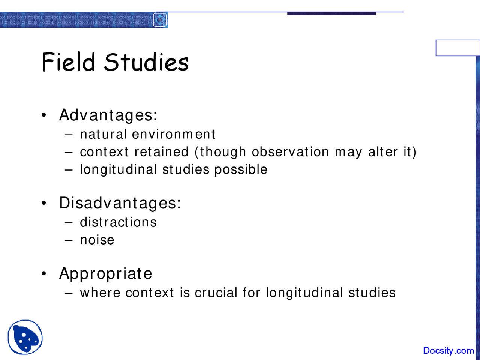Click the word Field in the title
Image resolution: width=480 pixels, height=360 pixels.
(x=68, y=62)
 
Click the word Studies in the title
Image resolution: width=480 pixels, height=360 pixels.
(x=146, y=62)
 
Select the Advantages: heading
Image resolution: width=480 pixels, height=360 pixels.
(x=108, y=115)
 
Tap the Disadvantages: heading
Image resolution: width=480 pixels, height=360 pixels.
(x=120, y=203)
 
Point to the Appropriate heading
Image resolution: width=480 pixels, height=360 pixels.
(x=106, y=274)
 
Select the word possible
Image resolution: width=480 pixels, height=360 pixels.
(x=241, y=170)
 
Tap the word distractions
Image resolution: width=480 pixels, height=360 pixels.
(x=118, y=222)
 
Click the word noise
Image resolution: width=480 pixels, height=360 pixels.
(x=97, y=240)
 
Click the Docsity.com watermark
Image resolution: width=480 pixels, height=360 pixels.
(x=448, y=351)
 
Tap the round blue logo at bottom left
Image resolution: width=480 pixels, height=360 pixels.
(x=25, y=337)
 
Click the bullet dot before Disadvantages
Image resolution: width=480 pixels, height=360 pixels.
(x=44, y=204)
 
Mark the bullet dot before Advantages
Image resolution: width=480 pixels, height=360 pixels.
(x=44, y=115)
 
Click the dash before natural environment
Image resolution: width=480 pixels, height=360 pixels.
(x=68, y=135)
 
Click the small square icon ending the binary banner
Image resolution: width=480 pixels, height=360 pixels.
(x=160, y=20)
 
